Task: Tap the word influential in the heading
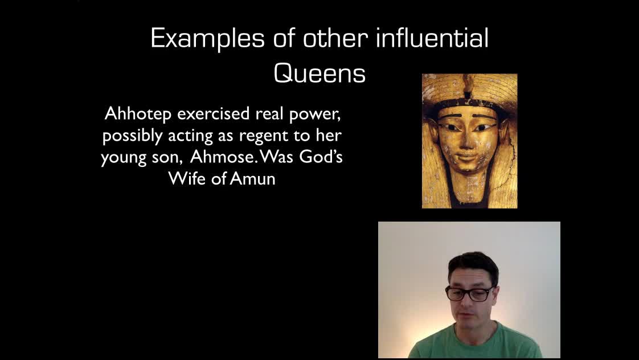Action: coord(432,38)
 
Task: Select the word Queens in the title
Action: coord(319,74)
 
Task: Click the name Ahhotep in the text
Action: coord(138,114)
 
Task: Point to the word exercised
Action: coord(213,114)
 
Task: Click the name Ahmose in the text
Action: coord(222,157)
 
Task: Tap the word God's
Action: coord(321,157)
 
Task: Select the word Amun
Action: coord(253,178)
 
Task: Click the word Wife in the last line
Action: coord(187,178)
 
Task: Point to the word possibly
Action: coord(133,136)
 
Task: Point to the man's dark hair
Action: coord(473,264)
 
